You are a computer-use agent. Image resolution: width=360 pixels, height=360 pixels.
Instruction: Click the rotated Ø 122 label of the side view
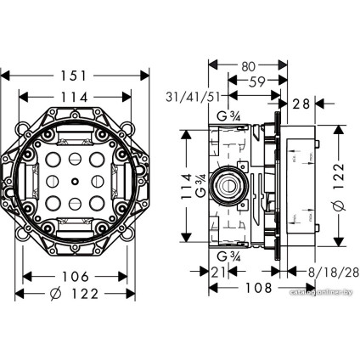tap(337, 180)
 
